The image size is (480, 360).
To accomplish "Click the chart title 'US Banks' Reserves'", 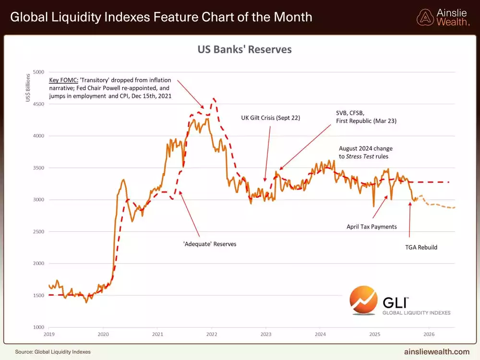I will pyautogui.click(x=245, y=49).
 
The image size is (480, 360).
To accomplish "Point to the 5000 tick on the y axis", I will pyautogui.click(x=38, y=72).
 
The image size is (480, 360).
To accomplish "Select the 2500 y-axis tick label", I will pyautogui.click(x=38, y=232).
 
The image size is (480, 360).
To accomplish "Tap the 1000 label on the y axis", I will pyautogui.click(x=38, y=327).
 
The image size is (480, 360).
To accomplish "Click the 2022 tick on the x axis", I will pyautogui.click(x=212, y=334).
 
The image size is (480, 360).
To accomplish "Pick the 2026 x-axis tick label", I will pyautogui.click(x=429, y=334).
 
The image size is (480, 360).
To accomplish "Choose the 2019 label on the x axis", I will pyautogui.click(x=49, y=334).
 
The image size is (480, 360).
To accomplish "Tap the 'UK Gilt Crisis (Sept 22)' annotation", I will pyautogui.click(x=270, y=117).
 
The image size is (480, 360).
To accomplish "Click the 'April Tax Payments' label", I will pyautogui.click(x=372, y=227).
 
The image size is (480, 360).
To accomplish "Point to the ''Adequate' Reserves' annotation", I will pyautogui.click(x=210, y=244).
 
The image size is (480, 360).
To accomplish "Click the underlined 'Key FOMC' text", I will pyautogui.click(x=63, y=80).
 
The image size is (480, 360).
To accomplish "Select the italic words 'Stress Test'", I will pyautogui.click(x=363, y=156).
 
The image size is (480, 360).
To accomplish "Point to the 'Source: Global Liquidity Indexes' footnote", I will pyautogui.click(x=53, y=352).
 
